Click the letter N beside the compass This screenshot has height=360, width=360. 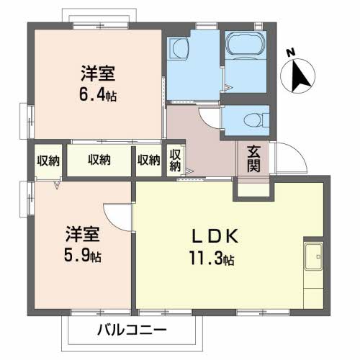(x=291, y=52)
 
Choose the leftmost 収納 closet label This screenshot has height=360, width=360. (x=48, y=159)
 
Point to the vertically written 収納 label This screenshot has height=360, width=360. (x=175, y=159)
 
